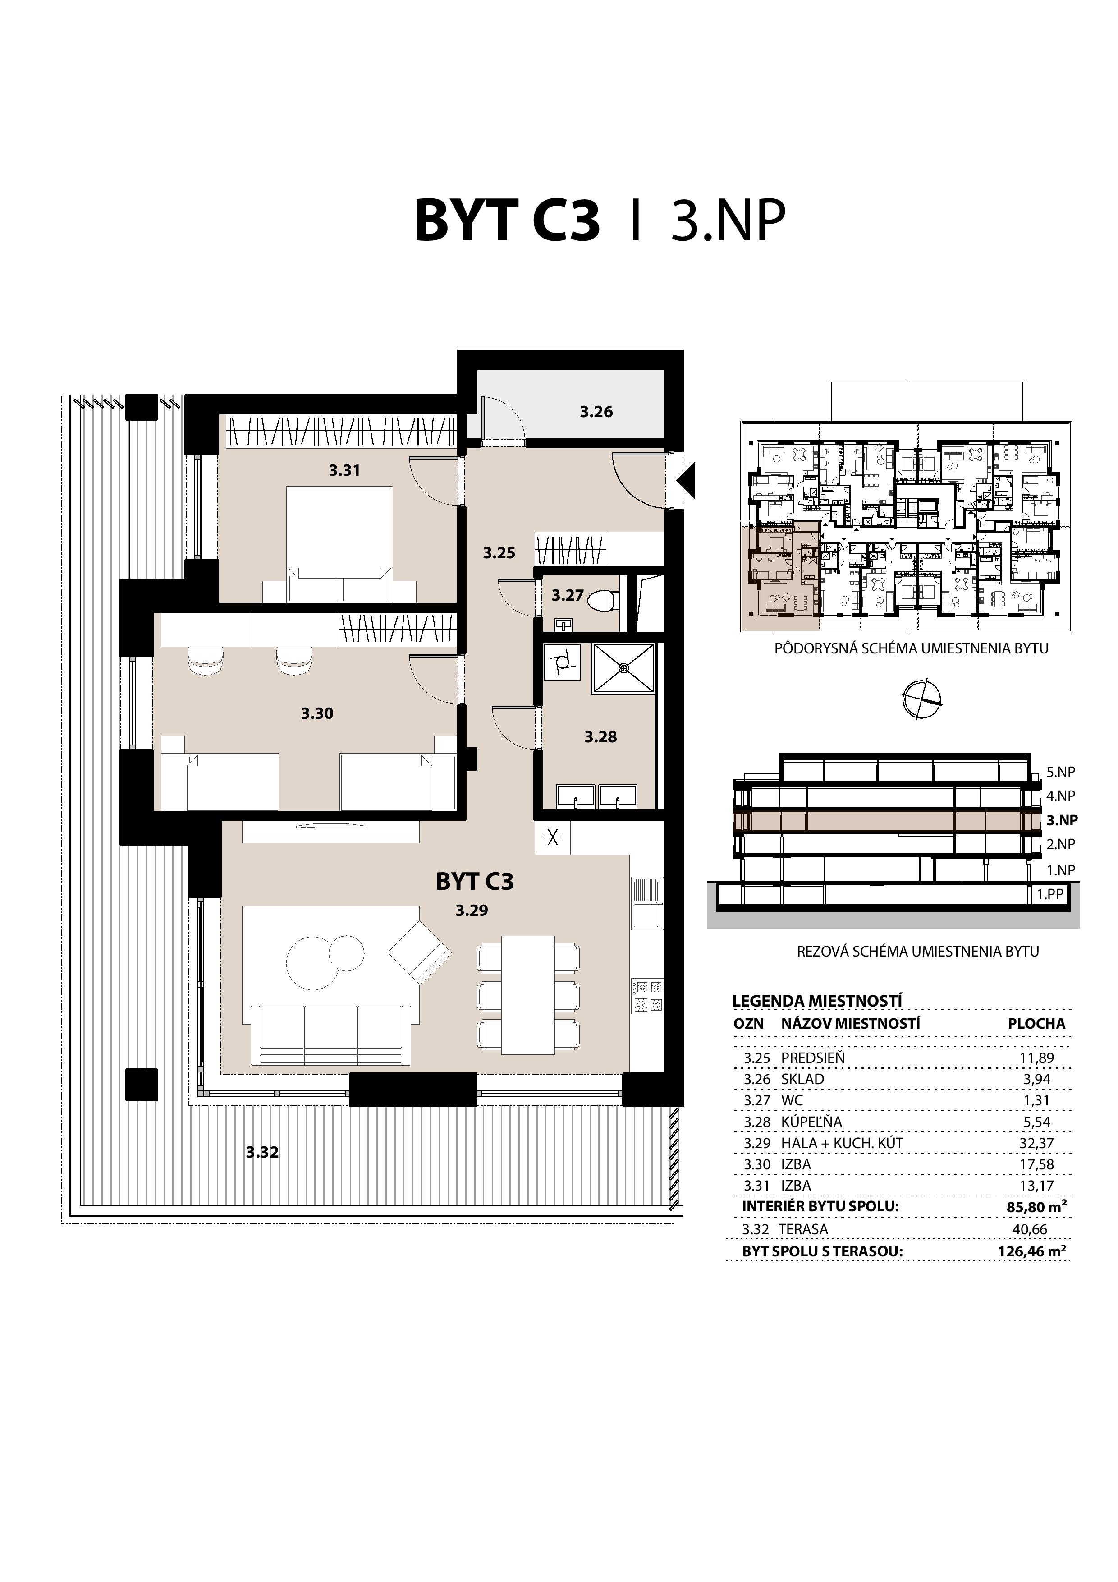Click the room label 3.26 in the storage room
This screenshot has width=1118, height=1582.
point(596,412)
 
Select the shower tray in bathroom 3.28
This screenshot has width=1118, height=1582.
point(623,668)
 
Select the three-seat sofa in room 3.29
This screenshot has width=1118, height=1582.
point(330,1034)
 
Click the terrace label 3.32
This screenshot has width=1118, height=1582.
point(262,1152)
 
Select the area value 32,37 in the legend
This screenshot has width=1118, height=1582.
point(1036,1143)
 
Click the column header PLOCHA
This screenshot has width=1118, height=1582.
point(1036,1024)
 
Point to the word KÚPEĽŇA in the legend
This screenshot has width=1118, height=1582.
point(811,1122)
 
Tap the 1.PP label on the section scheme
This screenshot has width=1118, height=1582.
point(1050,894)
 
